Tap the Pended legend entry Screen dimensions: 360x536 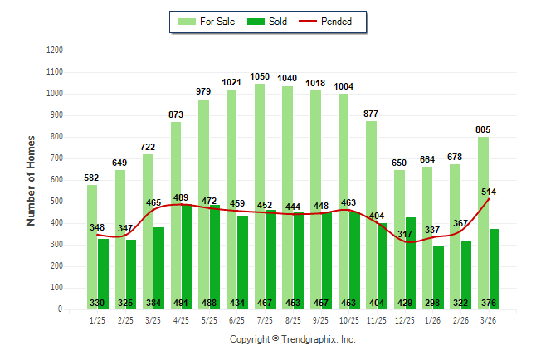[330, 22]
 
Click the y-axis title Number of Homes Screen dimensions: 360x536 [31, 180]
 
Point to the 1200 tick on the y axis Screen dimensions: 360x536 [54, 51]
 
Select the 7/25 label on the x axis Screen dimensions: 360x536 [266, 320]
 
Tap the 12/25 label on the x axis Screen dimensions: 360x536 [406, 320]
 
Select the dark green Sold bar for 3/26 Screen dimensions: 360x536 [494, 269]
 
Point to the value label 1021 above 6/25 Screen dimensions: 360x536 [232, 82]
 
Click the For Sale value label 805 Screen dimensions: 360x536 [484, 129]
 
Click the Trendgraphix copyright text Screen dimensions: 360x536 [292, 339]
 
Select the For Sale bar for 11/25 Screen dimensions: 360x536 [371, 215]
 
